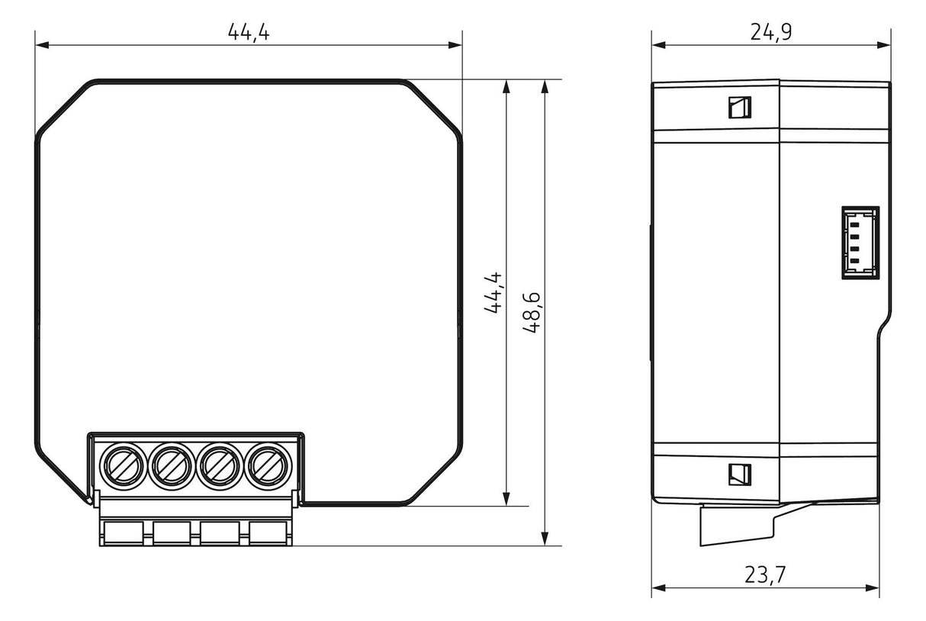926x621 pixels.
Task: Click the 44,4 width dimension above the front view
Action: (249, 32)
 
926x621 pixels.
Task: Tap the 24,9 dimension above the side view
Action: (770, 32)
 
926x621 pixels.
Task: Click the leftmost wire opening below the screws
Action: (124, 533)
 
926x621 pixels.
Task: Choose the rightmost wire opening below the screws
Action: (268, 533)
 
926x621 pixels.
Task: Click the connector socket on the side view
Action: (860, 242)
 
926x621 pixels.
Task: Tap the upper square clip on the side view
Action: (739, 108)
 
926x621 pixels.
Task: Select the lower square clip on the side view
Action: (739, 474)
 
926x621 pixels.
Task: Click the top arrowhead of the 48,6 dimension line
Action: (545, 85)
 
